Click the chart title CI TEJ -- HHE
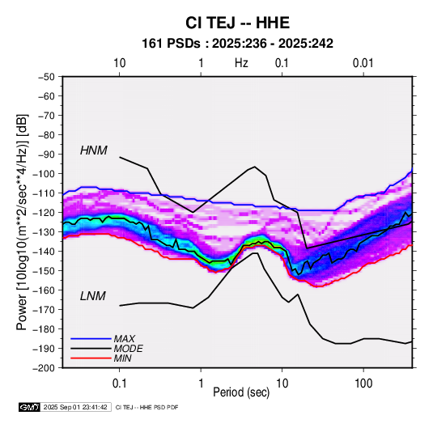[x=237, y=23]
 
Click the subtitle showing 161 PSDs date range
[x=237, y=44]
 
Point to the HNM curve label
[x=94, y=150]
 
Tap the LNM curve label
[x=93, y=296]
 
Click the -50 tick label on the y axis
[x=46, y=77]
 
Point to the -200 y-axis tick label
[x=44, y=368]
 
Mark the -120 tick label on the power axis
[x=44, y=213]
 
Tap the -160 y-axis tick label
[x=44, y=290]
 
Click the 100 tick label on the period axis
[x=363, y=384]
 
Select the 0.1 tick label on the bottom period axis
[x=119, y=384]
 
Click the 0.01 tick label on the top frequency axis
[x=363, y=63]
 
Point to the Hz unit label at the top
[x=241, y=63]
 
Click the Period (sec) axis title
[x=241, y=392]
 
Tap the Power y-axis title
[x=22, y=222]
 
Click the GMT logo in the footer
[x=29, y=407]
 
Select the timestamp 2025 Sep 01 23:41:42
[x=75, y=407]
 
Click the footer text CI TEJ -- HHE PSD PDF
[x=147, y=407]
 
